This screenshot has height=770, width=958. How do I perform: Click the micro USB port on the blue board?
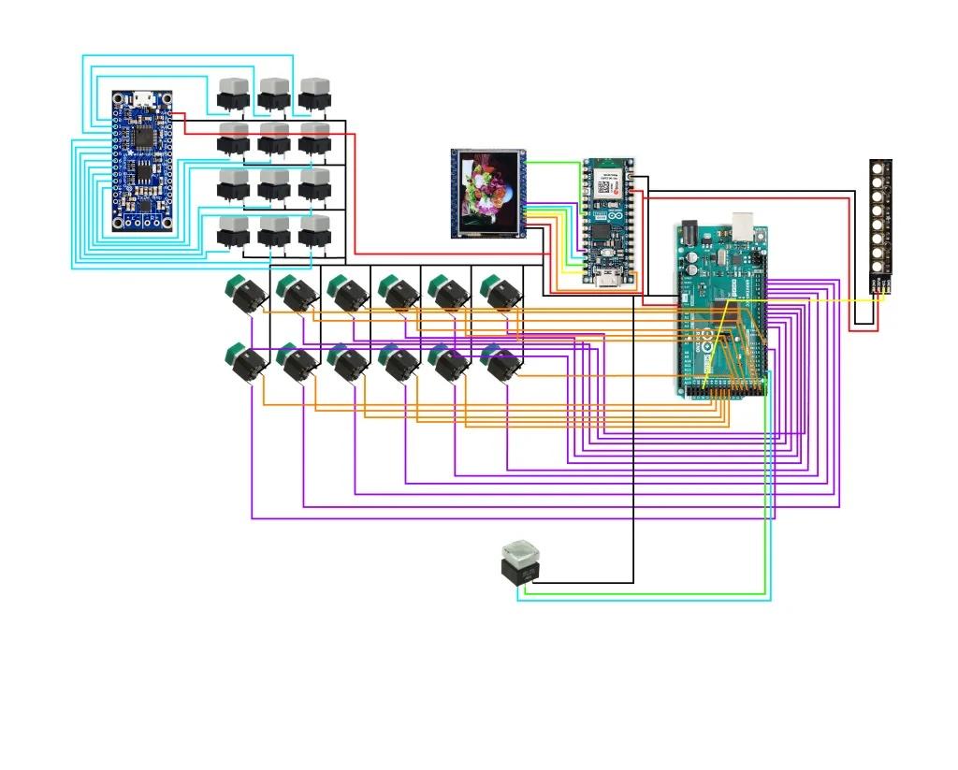pyautogui.click(x=143, y=97)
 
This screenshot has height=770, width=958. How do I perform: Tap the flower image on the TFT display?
pyautogui.click(x=488, y=190)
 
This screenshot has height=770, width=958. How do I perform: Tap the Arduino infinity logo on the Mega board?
pyautogui.click(x=721, y=329)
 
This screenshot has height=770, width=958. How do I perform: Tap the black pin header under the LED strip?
pyautogui.click(x=880, y=284)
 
